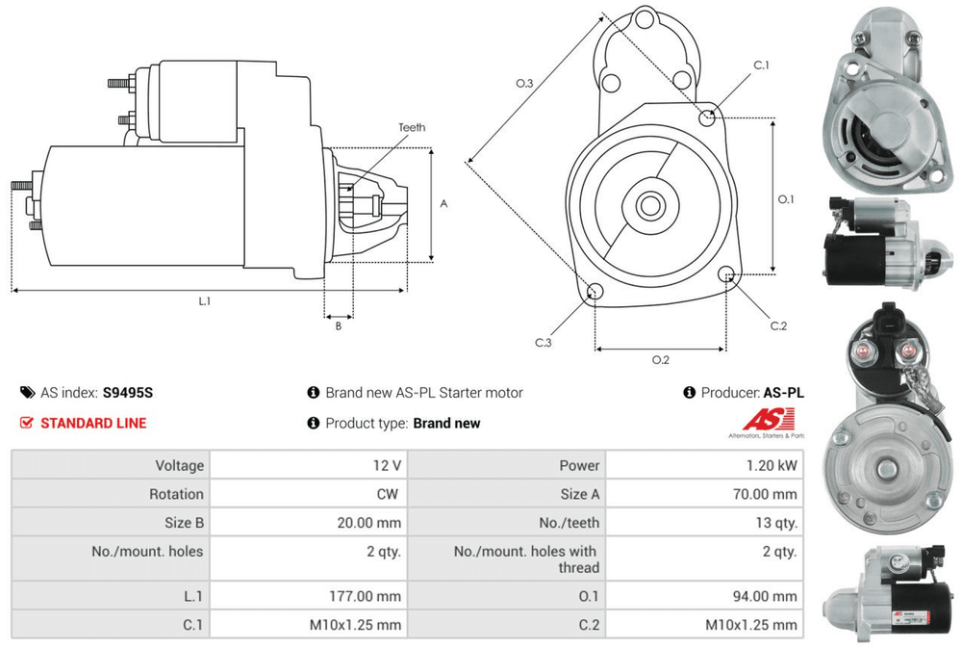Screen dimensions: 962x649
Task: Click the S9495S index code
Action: tap(128, 392)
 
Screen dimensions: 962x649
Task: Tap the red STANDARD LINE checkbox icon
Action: tap(26, 423)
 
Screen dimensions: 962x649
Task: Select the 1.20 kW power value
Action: tap(772, 465)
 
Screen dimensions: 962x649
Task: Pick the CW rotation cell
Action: tap(387, 494)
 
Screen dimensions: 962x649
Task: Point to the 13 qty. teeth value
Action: tap(776, 523)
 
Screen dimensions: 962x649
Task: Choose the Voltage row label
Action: tap(179, 465)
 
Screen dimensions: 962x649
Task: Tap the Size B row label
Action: tap(184, 523)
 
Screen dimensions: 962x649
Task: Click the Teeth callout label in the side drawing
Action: tap(412, 127)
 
